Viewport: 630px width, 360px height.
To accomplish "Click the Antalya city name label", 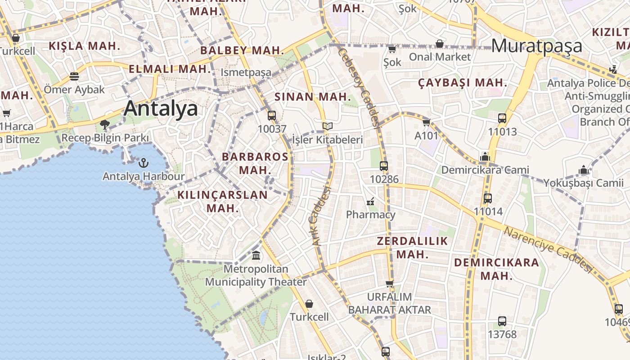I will (x=161, y=109).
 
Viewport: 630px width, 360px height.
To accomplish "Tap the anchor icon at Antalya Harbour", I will (x=144, y=162).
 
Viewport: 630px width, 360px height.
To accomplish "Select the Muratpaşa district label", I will (x=537, y=46).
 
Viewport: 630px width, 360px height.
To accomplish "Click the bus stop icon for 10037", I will (x=272, y=116).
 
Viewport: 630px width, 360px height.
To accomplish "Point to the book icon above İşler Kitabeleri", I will (x=328, y=126).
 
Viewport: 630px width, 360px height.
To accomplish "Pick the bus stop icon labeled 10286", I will (x=384, y=166).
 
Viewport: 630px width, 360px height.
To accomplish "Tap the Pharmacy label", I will (x=370, y=215).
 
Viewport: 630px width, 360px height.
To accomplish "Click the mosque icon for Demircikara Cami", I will (x=485, y=157).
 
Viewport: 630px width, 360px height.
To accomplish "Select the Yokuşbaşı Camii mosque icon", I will (x=584, y=170).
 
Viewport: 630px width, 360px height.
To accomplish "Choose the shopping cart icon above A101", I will (x=426, y=122).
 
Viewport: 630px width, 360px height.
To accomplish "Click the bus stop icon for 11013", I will (x=502, y=119).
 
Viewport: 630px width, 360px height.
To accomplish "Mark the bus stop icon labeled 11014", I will (x=488, y=198).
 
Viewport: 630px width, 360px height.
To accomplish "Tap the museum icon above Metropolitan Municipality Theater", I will (x=256, y=256).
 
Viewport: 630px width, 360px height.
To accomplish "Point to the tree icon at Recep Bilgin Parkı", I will (x=105, y=124).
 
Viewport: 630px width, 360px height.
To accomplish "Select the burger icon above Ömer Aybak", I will (x=74, y=76).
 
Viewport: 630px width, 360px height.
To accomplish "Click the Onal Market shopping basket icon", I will (x=440, y=44).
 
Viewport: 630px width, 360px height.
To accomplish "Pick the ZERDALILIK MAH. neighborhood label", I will (x=412, y=247).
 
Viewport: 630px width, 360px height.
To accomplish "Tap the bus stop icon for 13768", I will (x=502, y=321).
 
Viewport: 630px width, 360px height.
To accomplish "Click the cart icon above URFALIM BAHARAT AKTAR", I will (x=390, y=283).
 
